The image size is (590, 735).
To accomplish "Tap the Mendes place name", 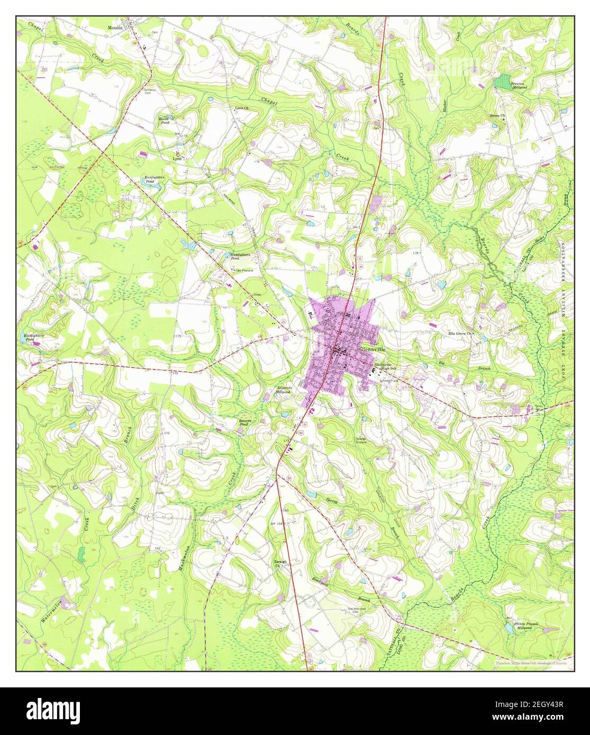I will pyautogui.click(x=115, y=27).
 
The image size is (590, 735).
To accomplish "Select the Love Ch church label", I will pyautogui.click(x=242, y=108).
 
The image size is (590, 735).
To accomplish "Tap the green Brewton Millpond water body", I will pyautogui.click(x=501, y=82).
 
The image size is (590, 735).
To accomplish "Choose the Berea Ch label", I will pyautogui.click(x=497, y=115).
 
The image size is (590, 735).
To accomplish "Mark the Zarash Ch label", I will pyautogui.click(x=280, y=563).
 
